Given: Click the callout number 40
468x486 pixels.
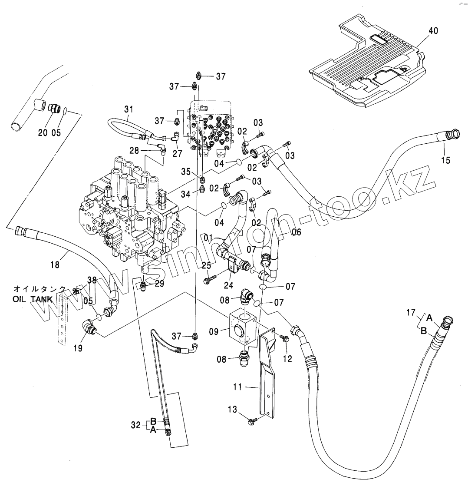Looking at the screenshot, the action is coord(433,31).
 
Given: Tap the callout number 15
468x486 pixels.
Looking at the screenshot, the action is coord(446,160).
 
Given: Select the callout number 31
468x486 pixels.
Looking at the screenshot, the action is coord(129,109).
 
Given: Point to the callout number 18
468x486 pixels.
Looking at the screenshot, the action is coord(55,264).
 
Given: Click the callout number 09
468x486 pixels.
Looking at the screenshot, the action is coord(214,332).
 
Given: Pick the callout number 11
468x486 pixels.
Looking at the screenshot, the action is coord(237,387).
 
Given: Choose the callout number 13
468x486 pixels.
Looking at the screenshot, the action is coord(232,409).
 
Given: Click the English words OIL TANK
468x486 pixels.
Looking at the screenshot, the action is coord(32,299).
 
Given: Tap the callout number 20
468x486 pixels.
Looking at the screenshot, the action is coord(43,132).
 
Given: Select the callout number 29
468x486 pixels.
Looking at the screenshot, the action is coord(159,283).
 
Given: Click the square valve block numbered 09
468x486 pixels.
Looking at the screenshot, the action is coord(244,329).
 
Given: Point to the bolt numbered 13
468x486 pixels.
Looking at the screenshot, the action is coord(251,422).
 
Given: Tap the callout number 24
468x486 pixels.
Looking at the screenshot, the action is coord(229,285).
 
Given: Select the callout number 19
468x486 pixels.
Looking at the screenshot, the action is coord(78,348).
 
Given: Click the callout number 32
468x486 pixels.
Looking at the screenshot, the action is coord(135,425).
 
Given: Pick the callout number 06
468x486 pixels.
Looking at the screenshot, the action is coord(297,232).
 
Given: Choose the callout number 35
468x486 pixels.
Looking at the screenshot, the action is coord(186,172).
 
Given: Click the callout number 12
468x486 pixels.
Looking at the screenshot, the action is coord(288,359).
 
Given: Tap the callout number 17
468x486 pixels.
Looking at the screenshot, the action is coord(411,312).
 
